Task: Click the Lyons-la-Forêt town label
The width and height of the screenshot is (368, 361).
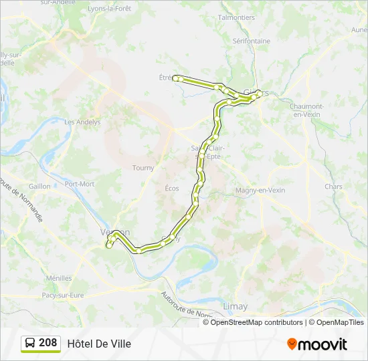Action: (x=109, y=8)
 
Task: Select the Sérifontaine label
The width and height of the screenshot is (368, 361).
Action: (x=252, y=41)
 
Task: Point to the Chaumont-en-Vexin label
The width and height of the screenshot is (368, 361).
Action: (x=307, y=111)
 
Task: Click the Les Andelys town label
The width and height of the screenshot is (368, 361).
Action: (x=82, y=122)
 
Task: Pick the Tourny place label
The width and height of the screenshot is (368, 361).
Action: (x=143, y=168)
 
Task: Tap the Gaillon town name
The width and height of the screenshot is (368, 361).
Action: (x=40, y=187)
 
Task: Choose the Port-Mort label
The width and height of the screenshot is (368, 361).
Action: (x=80, y=184)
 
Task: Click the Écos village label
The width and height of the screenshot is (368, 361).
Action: (x=172, y=189)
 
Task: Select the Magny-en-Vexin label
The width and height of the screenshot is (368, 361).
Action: (x=260, y=190)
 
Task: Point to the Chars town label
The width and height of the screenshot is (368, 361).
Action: (x=333, y=187)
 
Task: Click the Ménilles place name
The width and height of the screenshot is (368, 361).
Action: (x=60, y=278)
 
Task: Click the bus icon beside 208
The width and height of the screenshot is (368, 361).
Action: (x=30, y=343)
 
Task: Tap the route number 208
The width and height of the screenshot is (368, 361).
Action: (x=48, y=343)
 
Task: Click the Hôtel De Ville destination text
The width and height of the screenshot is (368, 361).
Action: (x=99, y=344)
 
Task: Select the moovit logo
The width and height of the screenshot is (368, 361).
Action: (x=317, y=344)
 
